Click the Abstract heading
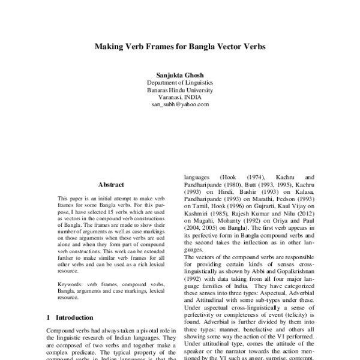pos(111,186)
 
